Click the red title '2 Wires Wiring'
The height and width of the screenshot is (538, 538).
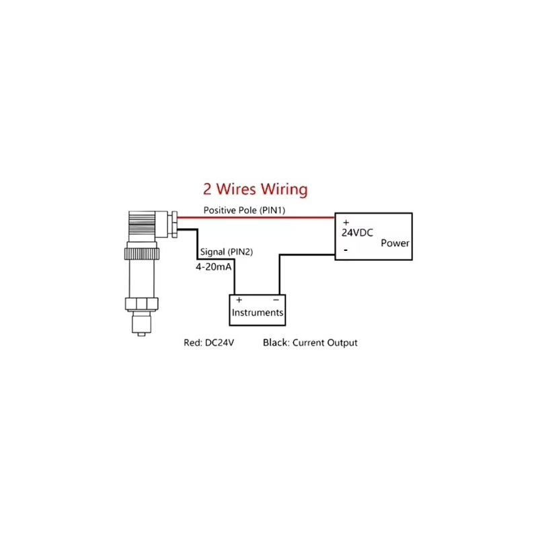(256, 190)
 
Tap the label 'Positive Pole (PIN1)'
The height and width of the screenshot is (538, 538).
(244, 210)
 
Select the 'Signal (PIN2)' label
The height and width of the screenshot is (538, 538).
(227, 252)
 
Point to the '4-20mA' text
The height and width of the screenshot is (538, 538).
(213, 267)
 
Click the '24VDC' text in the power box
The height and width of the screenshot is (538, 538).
(357, 233)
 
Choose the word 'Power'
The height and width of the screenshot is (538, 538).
(395, 243)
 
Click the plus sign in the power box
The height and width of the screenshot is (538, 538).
(346, 223)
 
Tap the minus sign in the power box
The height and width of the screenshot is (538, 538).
(346, 250)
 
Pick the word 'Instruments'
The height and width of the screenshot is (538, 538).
(258, 313)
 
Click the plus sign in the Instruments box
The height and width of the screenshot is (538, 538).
(239, 300)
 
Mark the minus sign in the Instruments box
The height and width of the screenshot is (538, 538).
(276, 300)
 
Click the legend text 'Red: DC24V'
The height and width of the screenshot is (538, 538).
(209, 343)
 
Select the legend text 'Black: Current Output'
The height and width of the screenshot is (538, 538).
(310, 343)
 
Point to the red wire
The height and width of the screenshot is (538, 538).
(256, 217)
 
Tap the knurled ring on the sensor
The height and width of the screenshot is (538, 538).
(142, 254)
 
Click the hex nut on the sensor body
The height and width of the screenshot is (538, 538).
(141, 304)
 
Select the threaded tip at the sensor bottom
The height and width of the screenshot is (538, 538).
(141, 325)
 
